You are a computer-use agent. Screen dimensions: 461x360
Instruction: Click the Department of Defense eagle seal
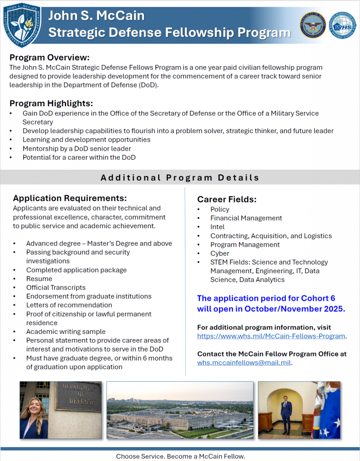point(313,25)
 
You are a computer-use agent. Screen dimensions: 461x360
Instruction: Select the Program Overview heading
point(49,58)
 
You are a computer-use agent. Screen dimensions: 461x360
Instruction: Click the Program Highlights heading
point(51,103)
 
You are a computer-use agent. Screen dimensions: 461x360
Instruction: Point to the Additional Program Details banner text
point(180,177)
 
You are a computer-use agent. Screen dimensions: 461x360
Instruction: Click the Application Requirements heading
point(70,198)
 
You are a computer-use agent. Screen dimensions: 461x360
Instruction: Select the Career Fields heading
point(227,199)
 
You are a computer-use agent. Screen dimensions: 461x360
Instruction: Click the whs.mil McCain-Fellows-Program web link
point(271,336)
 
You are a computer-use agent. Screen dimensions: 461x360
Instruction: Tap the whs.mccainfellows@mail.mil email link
point(244,362)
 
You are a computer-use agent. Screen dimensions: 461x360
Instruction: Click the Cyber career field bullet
point(220,253)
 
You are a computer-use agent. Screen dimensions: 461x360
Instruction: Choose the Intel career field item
point(217,227)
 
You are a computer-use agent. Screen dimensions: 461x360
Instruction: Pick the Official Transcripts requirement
point(56,287)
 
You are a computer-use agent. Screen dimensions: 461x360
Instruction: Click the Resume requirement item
point(39,279)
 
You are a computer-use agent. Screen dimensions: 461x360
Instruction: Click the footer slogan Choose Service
point(140,456)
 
